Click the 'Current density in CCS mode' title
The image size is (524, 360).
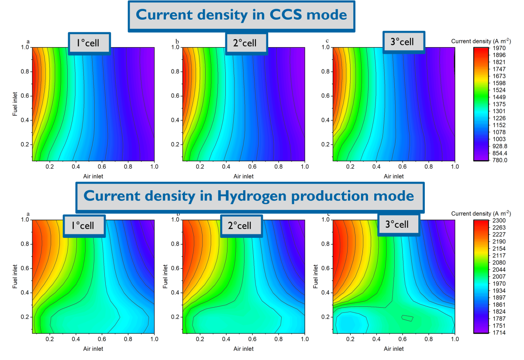241,15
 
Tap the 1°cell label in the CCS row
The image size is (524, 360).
89,44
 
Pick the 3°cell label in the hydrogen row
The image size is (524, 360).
398,224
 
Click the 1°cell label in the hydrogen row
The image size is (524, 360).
84,226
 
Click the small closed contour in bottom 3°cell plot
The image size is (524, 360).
407,319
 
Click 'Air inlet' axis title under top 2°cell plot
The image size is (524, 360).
243,176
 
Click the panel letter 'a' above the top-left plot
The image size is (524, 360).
28,42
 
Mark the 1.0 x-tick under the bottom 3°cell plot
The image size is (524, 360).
455,339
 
